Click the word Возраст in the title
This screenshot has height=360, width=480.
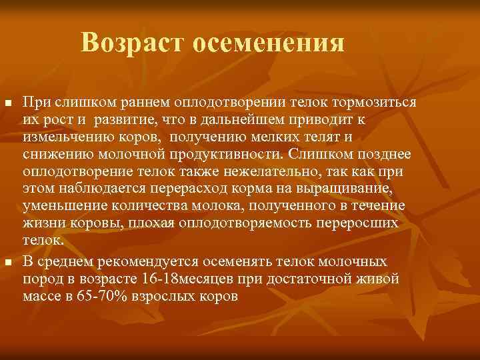(x=133, y=44)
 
